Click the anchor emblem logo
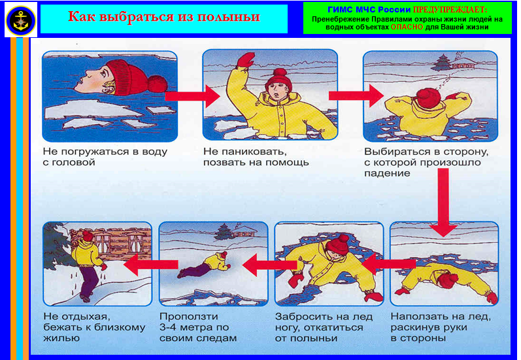(21, 20)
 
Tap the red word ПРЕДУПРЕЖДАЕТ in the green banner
(450, 10)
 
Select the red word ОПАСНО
(407, 27)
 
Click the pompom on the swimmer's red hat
(158, 84)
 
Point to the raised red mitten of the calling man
(245, 61)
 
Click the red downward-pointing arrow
(443, 203)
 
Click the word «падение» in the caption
(387, 173)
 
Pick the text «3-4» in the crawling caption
(168, 327)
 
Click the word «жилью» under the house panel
(61, 338)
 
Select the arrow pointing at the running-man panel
(150, 264)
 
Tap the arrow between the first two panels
(193, 96)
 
